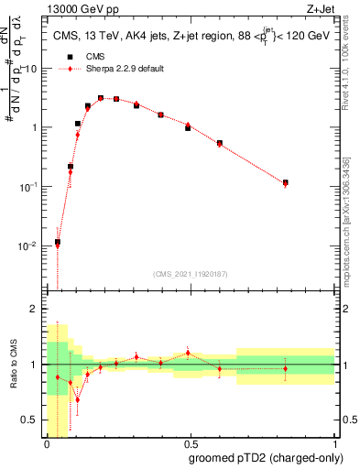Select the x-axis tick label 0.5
(190, 444)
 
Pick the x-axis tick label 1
(333, 444)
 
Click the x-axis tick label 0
(47, 444)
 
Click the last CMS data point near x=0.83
(285, 182)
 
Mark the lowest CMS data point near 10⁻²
(58, 242)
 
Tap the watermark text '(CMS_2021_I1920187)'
(190, 274)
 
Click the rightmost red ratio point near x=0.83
(285, 368)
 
